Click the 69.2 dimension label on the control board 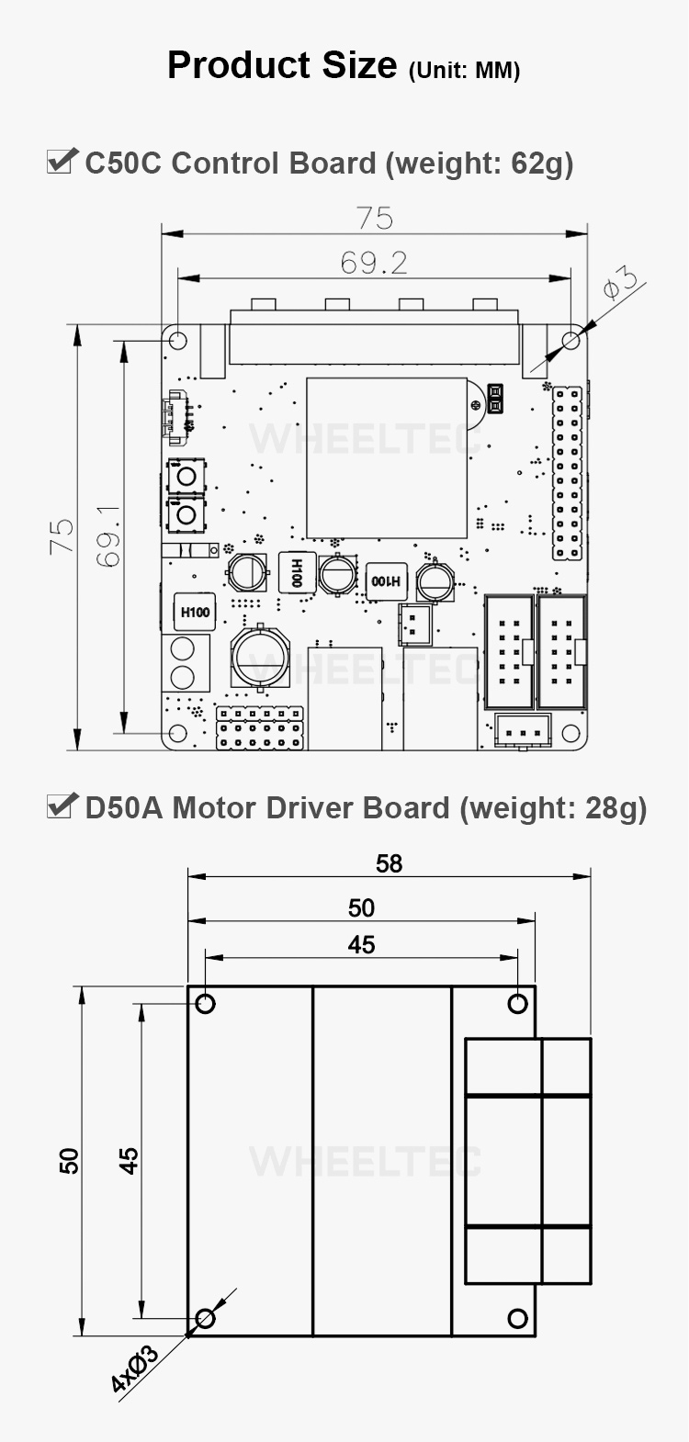[x=374, y=263]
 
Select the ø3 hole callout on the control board [x=619, y=283]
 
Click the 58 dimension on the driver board [x=389, y=863]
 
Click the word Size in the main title [x=359, y=65]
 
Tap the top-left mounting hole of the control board [x=177, y=339]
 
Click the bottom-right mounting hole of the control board [x=570, y=733]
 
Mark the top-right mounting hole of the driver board [x=518, y=1003]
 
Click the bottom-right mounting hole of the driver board [x=518, y=1318]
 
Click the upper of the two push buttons [x=186, y=477]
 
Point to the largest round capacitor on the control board [x=260, y=658]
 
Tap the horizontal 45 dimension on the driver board [x=361, y=944]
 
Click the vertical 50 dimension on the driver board [x=70, y=1161]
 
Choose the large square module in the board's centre [x=387, y=457]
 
